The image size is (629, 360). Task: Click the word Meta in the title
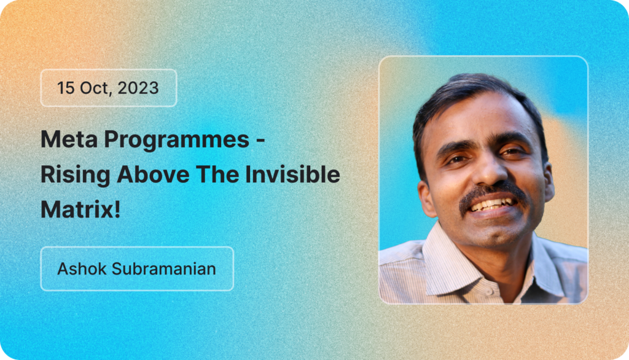tap(69, 139)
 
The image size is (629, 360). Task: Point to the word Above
tap(153, 174)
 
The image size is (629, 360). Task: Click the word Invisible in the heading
tap(292, 174)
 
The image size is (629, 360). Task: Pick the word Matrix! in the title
tap(80, 209)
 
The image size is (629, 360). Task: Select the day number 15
tap(66, 88)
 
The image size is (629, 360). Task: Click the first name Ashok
tap(82, 268)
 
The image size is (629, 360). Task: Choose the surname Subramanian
tap(163, 268)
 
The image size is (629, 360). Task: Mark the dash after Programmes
tap(260, 141)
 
